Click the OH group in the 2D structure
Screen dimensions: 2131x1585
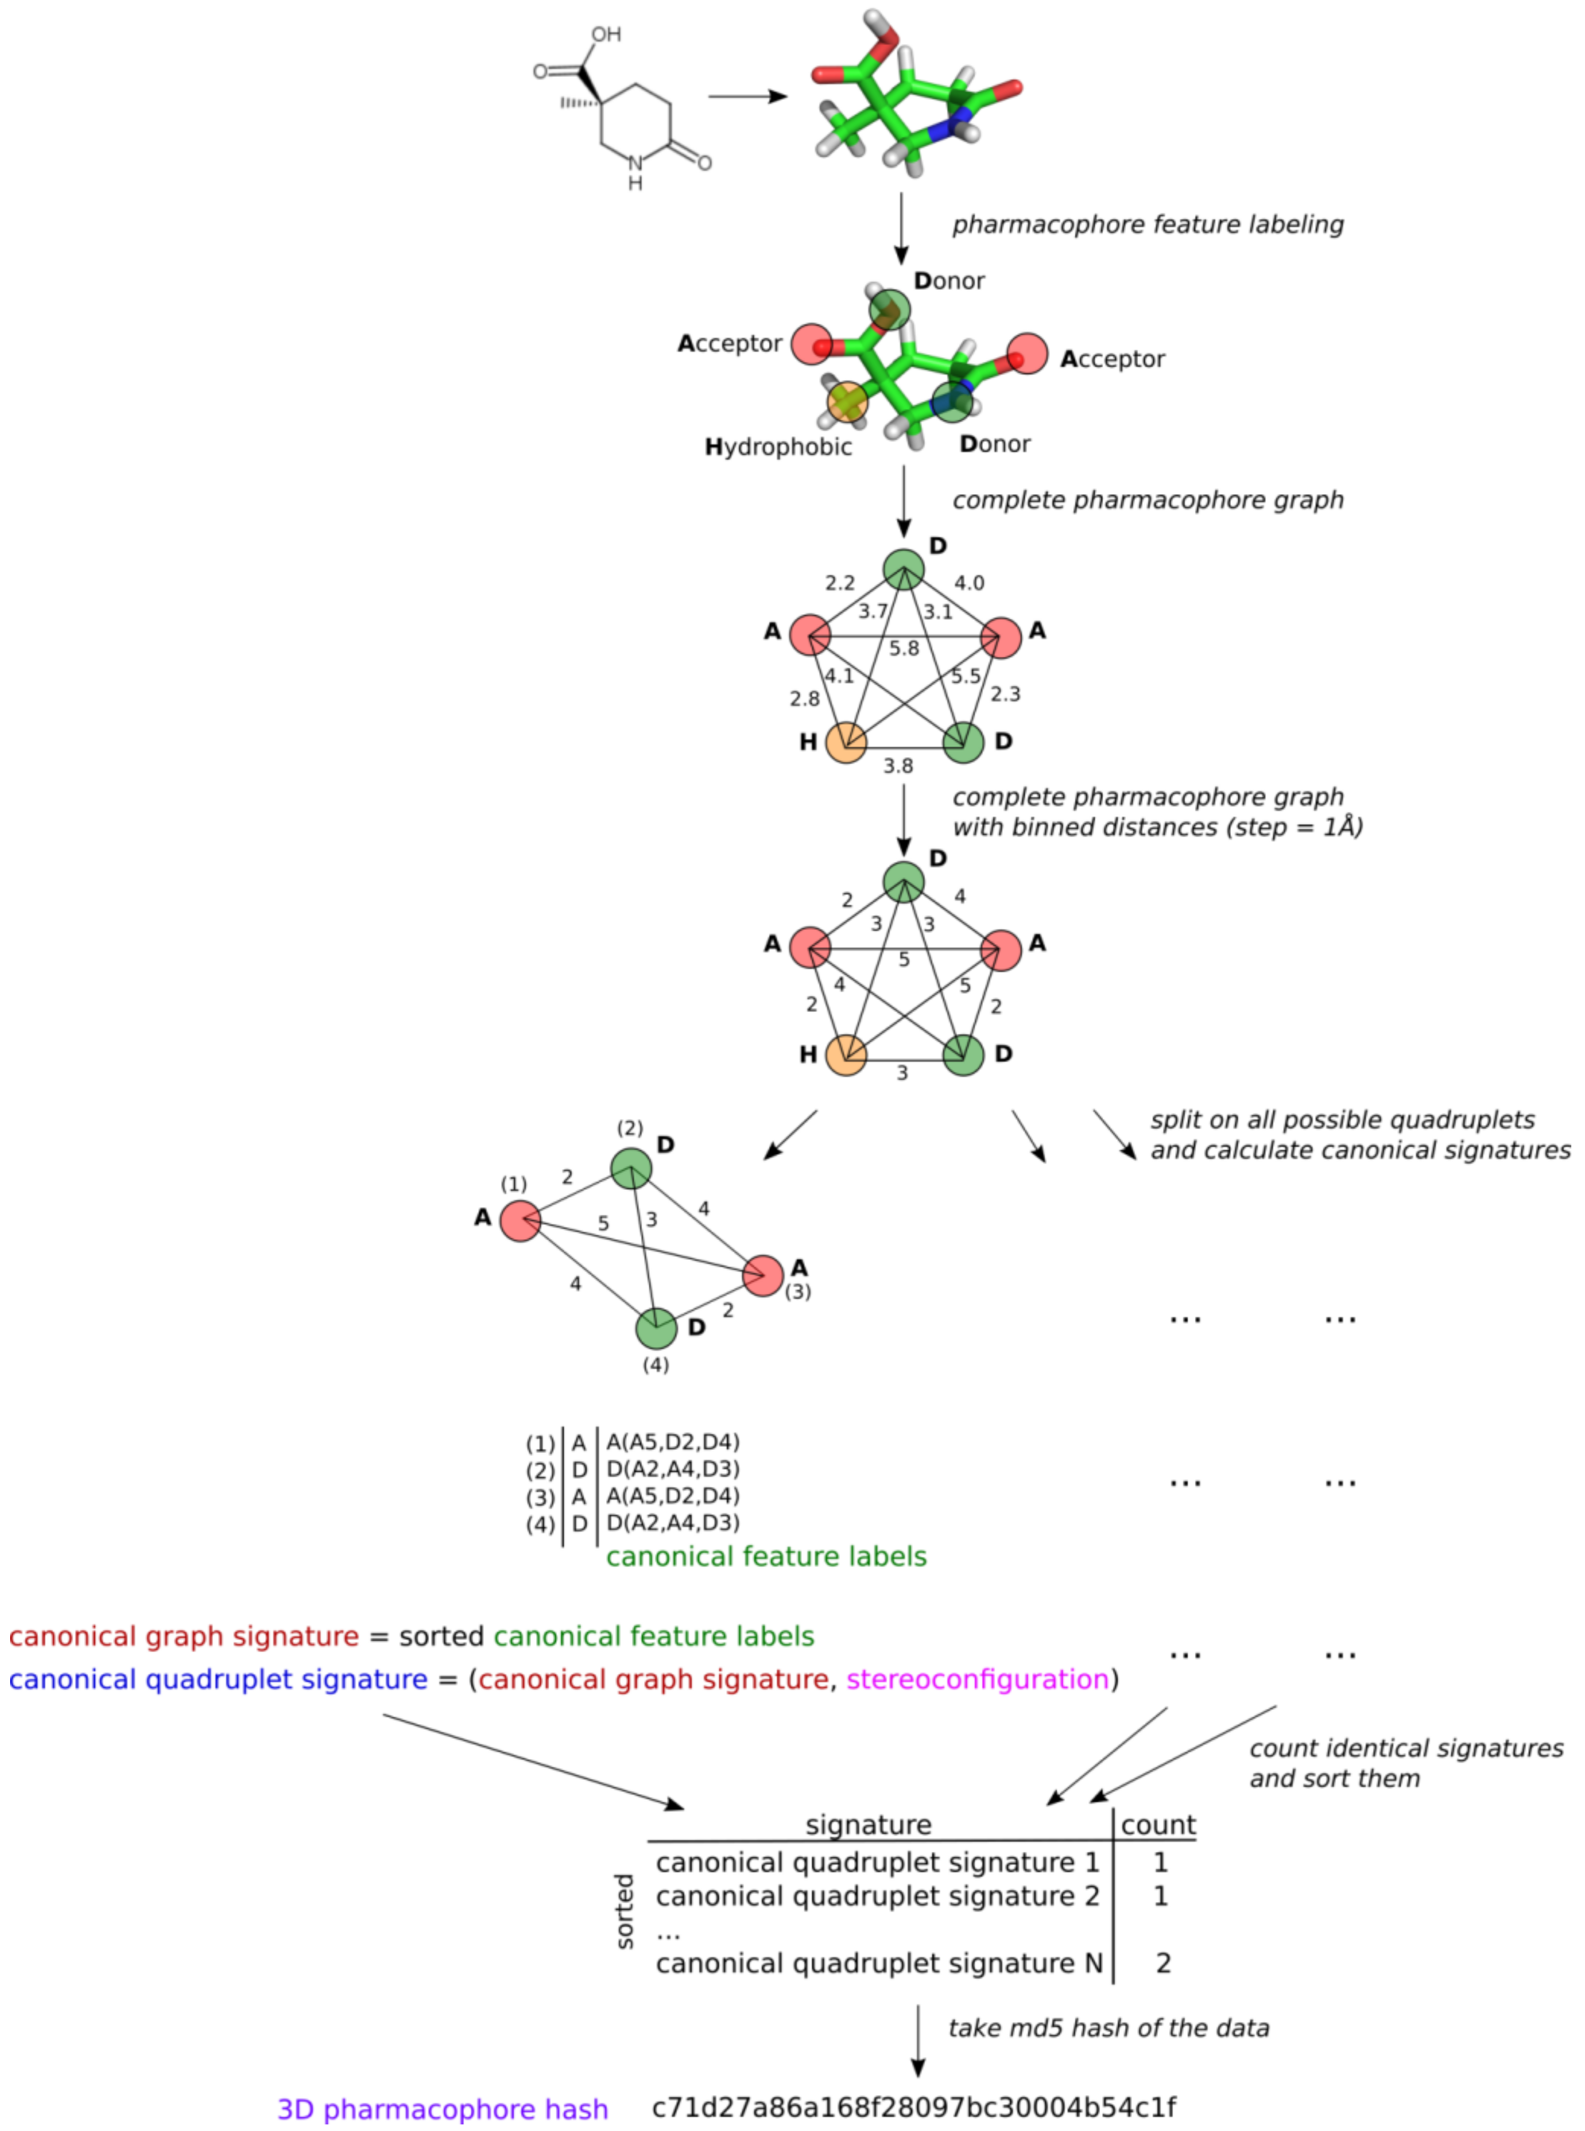click(606, 34)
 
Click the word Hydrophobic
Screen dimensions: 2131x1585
click(778, 447)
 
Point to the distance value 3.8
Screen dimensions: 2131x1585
click(898, 766)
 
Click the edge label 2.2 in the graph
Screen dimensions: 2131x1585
click(840, 582)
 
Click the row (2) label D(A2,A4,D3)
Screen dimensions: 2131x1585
click(672, 1469)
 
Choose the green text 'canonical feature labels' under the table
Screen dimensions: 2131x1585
click(766, 1556)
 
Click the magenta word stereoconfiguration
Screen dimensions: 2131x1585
click(977, 1679)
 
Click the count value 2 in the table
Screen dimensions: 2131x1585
click(1163, 1963)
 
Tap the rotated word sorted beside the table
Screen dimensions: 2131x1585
click(625, 1911)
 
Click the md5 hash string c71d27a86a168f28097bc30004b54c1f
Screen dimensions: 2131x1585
click(914, 2108)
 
